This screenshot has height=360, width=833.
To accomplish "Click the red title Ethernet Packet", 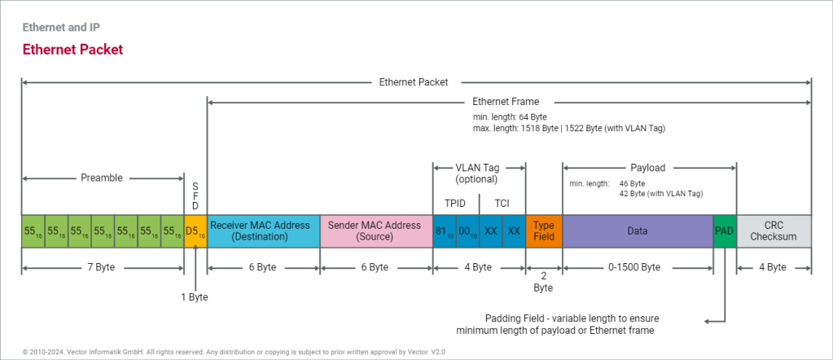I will [x=72, y=50].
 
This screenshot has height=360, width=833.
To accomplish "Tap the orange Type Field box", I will [x=544, y=231].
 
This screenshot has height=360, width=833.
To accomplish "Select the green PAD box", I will [x=724, y=231].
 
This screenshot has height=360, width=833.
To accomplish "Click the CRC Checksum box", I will [x=774, y=231].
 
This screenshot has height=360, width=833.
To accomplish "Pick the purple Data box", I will [x=637, y=231].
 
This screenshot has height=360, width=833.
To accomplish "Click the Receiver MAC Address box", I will [x=264, y=231].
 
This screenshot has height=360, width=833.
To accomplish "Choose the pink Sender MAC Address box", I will [x=375, y=231].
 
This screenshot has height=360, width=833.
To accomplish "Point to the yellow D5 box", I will [x=195, y=231].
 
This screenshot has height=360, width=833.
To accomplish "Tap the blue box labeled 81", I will [x=444, y=231].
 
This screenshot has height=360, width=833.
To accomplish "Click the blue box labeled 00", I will [x=467, y=231].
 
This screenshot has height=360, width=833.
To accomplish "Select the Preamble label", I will [x=102, y=177].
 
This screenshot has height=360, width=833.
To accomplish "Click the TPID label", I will [x=455, y=202].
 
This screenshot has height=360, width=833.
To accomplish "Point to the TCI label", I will [x=502, y=202].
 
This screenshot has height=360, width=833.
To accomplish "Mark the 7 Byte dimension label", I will [x=102, y=267].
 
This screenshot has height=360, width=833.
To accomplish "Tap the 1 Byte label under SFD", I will [x=195, y=297].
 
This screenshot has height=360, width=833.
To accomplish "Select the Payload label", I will [x=648, y=168].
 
